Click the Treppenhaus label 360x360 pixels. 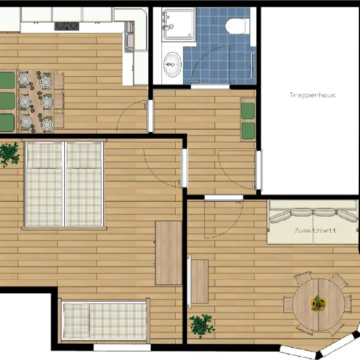click(x=313, y=95)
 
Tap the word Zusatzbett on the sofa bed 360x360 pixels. click(x=316, y=230)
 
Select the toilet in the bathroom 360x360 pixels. click(x=237, y=26)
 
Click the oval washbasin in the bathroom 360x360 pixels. click(x=172, y=65)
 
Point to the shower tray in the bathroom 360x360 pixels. click(x=179, y=24)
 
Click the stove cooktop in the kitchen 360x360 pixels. click(x=67, y=26)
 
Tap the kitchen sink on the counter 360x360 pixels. click(x=129, y=37)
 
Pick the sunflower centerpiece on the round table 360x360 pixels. click(x=318, y=304)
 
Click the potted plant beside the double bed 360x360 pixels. click(x=10, y=154)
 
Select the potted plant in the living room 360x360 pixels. click(x=202, y=326)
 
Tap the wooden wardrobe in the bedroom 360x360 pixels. click(x=169, y=253)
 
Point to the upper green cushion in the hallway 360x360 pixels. click(x=248, y=111)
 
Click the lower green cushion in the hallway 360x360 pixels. click(x=248, y=131)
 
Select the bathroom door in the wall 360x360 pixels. click(x=210, y=87)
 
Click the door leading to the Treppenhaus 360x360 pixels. click(x=259, y=170)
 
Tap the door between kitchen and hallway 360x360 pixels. click(x=151, y=115)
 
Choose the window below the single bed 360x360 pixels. click(x=122, y=347)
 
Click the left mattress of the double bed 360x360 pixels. click(x=44, y=184)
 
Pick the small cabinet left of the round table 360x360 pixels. click(x=200, y=281)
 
